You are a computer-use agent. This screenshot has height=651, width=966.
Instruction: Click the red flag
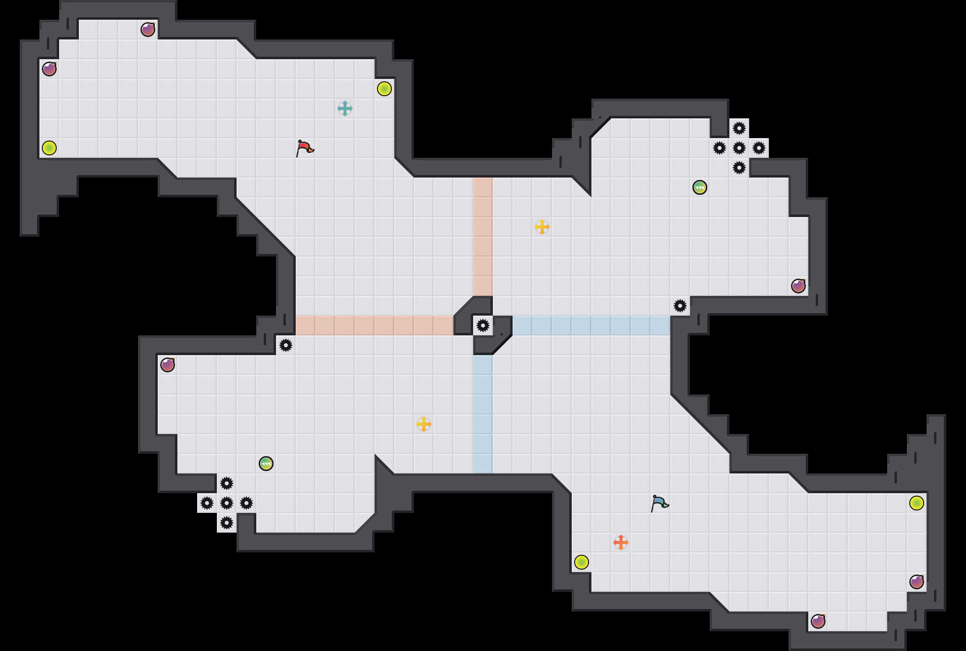point(305,147)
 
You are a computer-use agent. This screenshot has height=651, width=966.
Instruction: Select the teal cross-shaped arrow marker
point(345,108)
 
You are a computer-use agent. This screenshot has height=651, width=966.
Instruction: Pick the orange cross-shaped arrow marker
point(621,542)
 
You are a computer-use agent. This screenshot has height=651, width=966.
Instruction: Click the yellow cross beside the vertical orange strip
point(542,227)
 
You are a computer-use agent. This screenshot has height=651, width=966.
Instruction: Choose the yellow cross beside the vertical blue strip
point(424,424)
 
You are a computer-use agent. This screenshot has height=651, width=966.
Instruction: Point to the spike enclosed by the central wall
point(483,325)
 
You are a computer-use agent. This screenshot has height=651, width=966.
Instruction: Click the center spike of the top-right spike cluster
point(739,148)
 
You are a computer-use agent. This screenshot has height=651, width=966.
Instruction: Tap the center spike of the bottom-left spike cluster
point(227,503)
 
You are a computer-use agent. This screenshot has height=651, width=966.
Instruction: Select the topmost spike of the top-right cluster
point(739,128)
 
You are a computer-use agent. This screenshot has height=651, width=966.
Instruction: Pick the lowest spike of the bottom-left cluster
point(227,523)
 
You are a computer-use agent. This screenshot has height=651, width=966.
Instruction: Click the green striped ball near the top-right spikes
point(700,187)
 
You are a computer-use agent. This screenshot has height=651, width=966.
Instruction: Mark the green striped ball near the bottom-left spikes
point(266,464)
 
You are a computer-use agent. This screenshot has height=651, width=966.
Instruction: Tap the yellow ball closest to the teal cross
point(384,89)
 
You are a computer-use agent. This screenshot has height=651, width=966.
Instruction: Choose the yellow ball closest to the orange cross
point(582,562)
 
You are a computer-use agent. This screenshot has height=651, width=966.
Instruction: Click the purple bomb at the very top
point(148,30)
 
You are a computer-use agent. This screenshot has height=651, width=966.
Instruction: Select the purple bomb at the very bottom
point(818,621)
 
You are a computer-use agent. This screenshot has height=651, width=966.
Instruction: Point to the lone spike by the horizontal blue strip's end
point(680,306)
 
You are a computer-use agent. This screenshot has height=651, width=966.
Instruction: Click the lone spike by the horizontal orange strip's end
point(286,345)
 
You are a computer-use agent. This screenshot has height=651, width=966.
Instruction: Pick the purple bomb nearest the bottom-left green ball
point(168,365)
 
